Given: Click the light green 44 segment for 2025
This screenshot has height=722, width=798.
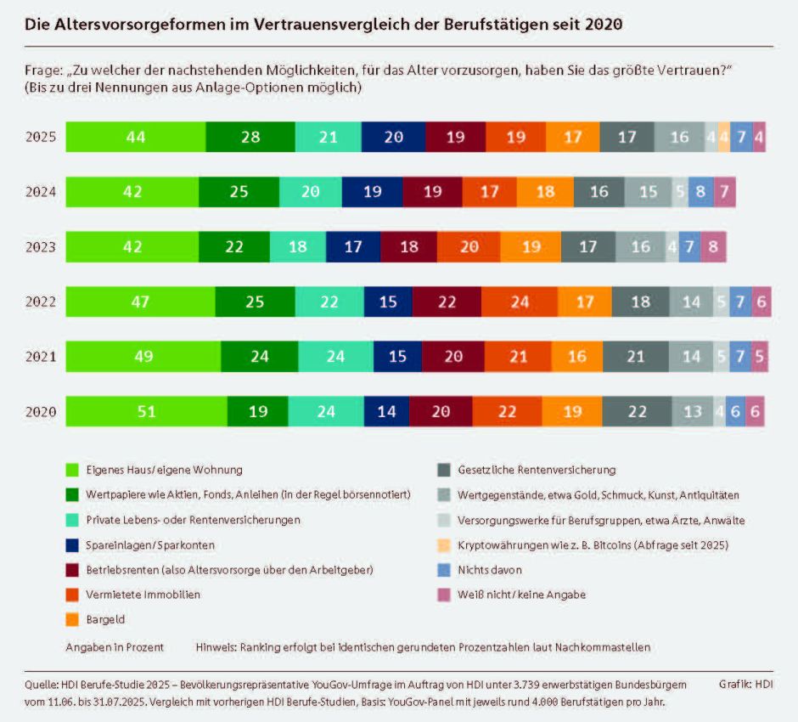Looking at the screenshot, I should (x=135, y=137).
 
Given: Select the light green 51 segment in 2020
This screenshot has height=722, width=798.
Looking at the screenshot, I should (x=146, y=412).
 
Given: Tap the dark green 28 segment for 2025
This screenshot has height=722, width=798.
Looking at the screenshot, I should (x=250, y=137).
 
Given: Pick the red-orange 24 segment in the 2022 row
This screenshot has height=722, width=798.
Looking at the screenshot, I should (x=519, y=302).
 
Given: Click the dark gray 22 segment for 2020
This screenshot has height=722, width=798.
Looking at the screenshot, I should (x=638, y=412).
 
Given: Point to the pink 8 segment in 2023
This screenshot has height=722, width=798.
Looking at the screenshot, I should (x=713, y=247).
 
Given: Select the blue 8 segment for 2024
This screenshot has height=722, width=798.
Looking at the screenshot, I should (x=700, y=192).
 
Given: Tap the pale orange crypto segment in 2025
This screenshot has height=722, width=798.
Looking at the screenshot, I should (x=723, y=137).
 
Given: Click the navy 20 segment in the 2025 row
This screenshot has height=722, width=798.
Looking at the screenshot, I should (x=393, y=137).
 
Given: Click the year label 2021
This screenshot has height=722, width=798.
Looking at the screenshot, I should (x=40, y=357).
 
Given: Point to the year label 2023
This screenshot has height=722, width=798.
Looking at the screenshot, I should (x=40, y=247).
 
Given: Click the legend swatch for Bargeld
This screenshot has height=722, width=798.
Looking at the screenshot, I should (x=72, y=620).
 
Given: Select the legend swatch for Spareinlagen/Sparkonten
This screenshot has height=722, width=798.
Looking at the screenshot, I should (x=72, y=544).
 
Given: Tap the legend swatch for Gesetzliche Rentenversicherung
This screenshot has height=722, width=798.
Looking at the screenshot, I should (x=442, y=469).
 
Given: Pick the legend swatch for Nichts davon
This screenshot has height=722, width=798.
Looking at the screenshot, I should (x=442, y=570).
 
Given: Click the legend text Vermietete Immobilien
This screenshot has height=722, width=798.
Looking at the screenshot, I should (x=142, y=595).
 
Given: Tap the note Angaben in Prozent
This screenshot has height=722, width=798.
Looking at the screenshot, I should (x=115, y=647).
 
